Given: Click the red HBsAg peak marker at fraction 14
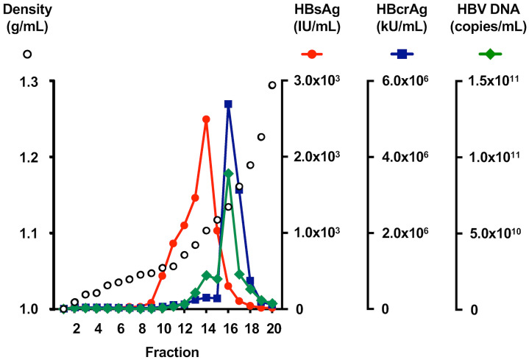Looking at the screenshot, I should [x=206, y=119].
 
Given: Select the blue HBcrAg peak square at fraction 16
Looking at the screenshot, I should [x=228, y=104].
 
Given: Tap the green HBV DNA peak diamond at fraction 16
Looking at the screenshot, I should [x=228, y=174].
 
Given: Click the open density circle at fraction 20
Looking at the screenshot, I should [x=272, y=85].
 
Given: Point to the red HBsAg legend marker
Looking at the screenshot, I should [x=312, y=54].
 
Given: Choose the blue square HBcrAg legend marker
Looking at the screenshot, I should [x=402, y=54].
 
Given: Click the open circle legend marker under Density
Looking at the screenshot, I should [x=27, y=54].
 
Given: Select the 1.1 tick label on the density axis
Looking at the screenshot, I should [x=26, y=233].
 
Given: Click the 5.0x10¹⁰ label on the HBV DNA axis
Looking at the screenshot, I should [x=492, y=233].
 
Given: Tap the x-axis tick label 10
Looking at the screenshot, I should [x=163, y=329].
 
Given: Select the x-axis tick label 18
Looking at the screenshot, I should [x=250, y=329].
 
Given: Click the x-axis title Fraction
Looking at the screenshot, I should [x=171, y=352].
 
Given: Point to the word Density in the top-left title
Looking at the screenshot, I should [x=24, y=11].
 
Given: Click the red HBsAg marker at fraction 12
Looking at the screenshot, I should [x=184, y=225].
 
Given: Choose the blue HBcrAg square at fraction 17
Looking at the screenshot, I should [x=239, y=190].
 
